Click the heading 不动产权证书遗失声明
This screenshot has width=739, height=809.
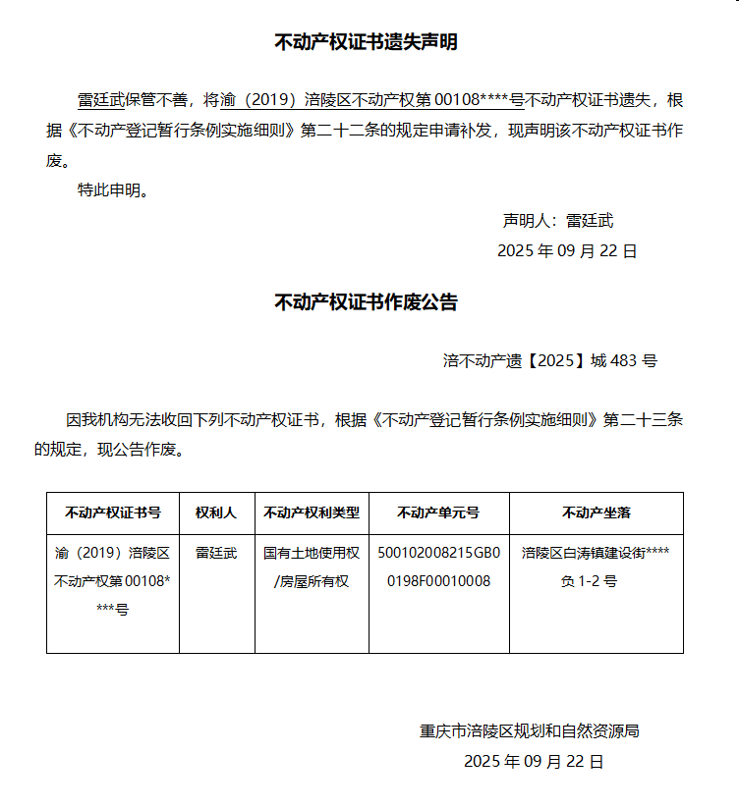pos(366,42)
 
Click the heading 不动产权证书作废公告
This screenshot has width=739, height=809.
pos(366,302)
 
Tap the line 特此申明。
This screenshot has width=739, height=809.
pos(113,190)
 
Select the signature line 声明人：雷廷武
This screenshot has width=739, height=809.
pos(558,221)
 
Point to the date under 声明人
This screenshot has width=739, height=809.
pos(567,250)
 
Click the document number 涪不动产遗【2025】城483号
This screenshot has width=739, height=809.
pos(549,360)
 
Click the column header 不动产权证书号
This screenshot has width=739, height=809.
pos(113,512)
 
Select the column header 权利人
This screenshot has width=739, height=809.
pos(216,512)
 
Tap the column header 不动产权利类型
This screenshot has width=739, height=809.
pos(312,512)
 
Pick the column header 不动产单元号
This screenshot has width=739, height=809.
pos(438,512)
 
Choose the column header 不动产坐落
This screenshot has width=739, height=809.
pos(596,512)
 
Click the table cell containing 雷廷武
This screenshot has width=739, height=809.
pos(216,553)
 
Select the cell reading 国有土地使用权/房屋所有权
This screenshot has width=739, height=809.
pos(312,566)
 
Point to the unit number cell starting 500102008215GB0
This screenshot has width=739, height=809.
pos(438,566)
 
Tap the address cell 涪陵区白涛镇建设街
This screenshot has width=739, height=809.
pos(596,566)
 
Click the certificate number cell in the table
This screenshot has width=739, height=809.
pos(113,580)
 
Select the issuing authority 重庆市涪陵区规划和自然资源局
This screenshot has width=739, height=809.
pos(530,731)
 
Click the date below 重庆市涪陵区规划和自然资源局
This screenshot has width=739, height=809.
pos(534,761)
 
